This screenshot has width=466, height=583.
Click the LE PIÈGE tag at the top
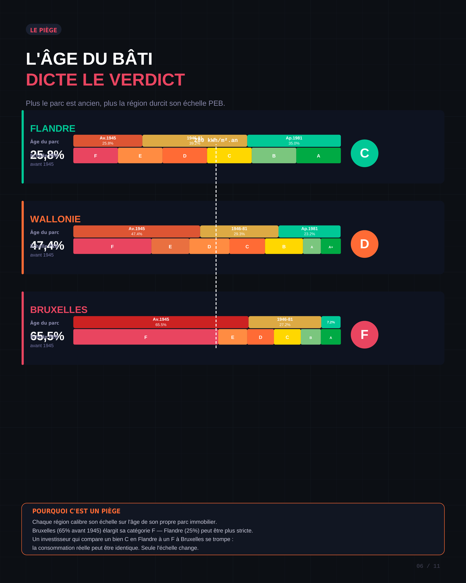[43, 30]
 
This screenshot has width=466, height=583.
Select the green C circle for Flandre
[364, 153]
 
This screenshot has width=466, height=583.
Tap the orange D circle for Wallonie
[364, 244]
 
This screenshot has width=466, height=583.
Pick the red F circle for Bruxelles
[364, 335]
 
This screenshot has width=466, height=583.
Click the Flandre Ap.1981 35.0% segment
[294, 141]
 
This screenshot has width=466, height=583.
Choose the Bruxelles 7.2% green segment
[331, 322]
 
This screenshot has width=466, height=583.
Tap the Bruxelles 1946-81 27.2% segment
[285, 322]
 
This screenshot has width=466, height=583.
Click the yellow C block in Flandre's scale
[229, 156]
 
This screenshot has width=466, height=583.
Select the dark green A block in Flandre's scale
[318, 156]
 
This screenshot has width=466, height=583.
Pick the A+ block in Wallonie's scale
[331, 246]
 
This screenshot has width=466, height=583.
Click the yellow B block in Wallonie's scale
[284, 246]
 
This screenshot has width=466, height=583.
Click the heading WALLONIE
[55, 219]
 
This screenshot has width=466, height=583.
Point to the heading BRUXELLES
[59, 310]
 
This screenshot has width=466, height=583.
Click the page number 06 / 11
[428, 566]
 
